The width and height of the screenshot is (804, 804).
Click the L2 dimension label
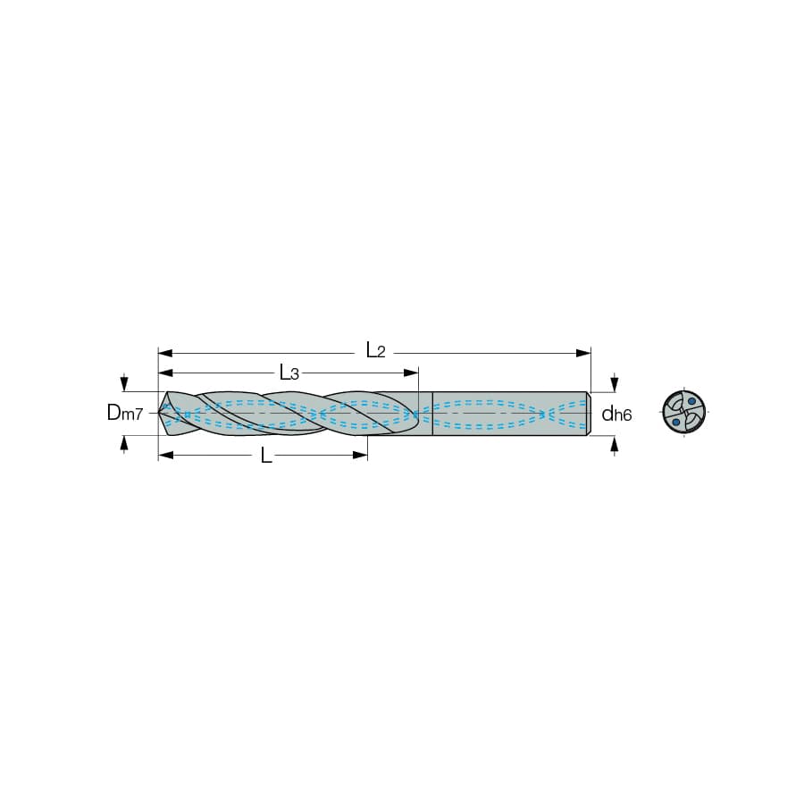375,351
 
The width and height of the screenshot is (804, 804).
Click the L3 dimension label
289,373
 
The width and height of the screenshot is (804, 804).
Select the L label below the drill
265,455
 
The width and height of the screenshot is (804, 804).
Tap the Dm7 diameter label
125,413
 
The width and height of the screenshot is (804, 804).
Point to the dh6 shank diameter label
616,413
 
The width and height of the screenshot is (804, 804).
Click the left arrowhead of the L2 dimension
165,353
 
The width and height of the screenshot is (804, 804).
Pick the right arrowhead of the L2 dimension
583,353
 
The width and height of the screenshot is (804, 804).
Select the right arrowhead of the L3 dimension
411,373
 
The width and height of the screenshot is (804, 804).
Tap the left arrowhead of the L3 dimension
165,373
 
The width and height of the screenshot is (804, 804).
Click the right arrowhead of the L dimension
361,455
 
